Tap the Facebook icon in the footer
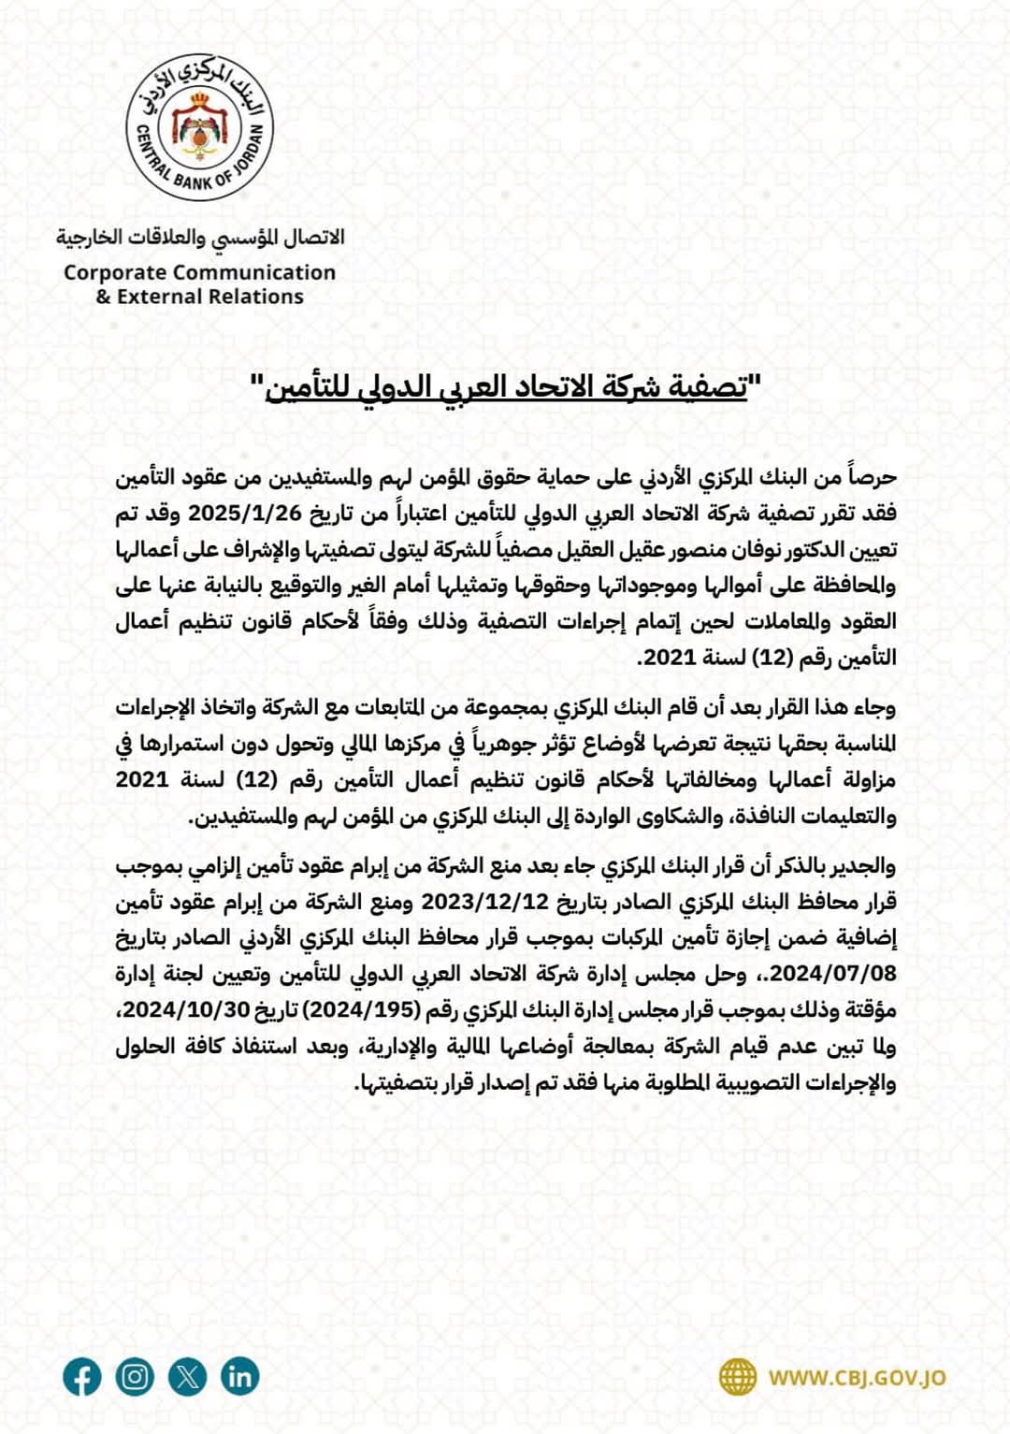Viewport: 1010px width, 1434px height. [82, 1377]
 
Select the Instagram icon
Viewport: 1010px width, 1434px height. [135, 1377]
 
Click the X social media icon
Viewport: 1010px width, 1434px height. [187, 1377]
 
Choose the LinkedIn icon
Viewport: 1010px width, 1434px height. [239, 1377]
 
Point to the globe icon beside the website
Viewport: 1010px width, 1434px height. [738, 1377]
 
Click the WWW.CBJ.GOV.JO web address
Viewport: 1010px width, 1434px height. [857, 1378]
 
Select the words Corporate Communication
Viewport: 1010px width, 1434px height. [199, 272]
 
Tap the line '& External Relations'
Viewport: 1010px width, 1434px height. [199, 297]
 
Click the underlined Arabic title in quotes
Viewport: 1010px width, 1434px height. [506, 385]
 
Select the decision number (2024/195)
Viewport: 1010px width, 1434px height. [366, 1010]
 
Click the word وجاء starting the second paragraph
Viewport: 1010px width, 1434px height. [873, 707]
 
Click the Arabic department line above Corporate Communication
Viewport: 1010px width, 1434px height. [199, 238]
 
